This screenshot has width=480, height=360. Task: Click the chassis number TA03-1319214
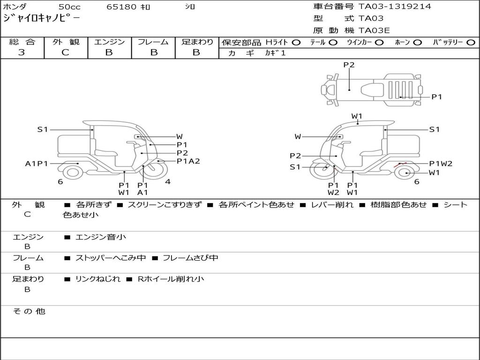(x=395, y=7)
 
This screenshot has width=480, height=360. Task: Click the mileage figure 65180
(x=121, y=7)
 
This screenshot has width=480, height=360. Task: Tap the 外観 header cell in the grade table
(x=66, y=42)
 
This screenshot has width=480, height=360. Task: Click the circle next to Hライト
(x=296, y=43)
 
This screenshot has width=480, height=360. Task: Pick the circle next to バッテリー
(x=471, y=43)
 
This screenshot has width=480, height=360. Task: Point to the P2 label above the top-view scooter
(x=349, y=65)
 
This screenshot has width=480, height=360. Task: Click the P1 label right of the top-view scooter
(x=437, y=97)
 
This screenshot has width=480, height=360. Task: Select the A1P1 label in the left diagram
(x=37, y=164)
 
